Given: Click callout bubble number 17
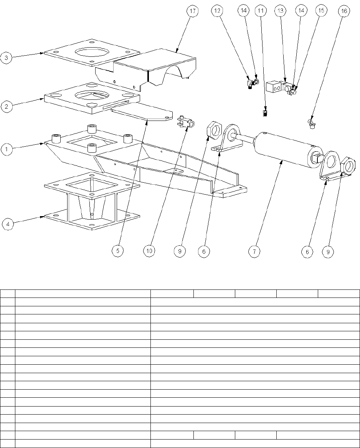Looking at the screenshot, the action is [x=192, y=12].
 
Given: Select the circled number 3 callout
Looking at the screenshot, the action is [x=7, y=58].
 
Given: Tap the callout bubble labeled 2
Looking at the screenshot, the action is [x=7, y=106].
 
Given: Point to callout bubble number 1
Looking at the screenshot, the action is [x=7, y=149].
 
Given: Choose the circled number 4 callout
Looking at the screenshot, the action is [x=8, y=223].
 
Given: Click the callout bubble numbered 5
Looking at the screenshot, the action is [x=117, y=251].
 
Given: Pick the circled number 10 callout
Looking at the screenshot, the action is [x=149, y=251].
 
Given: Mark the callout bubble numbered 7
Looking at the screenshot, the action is [x=254, y=251].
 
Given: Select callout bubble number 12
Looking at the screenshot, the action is [x=218, y=12].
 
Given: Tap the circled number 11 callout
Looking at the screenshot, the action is [x=261, y=12].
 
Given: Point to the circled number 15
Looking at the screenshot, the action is [x=321, y=12].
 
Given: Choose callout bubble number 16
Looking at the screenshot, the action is [x=344, y=12].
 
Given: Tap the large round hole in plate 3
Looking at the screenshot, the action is [x=92, y=51].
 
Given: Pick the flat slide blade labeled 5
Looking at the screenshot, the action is [x=140, y=114].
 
